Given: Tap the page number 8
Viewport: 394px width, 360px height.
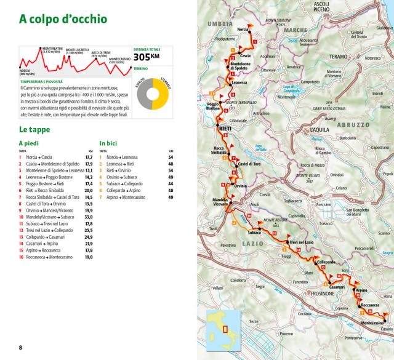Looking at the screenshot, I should tap(20, 348).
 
